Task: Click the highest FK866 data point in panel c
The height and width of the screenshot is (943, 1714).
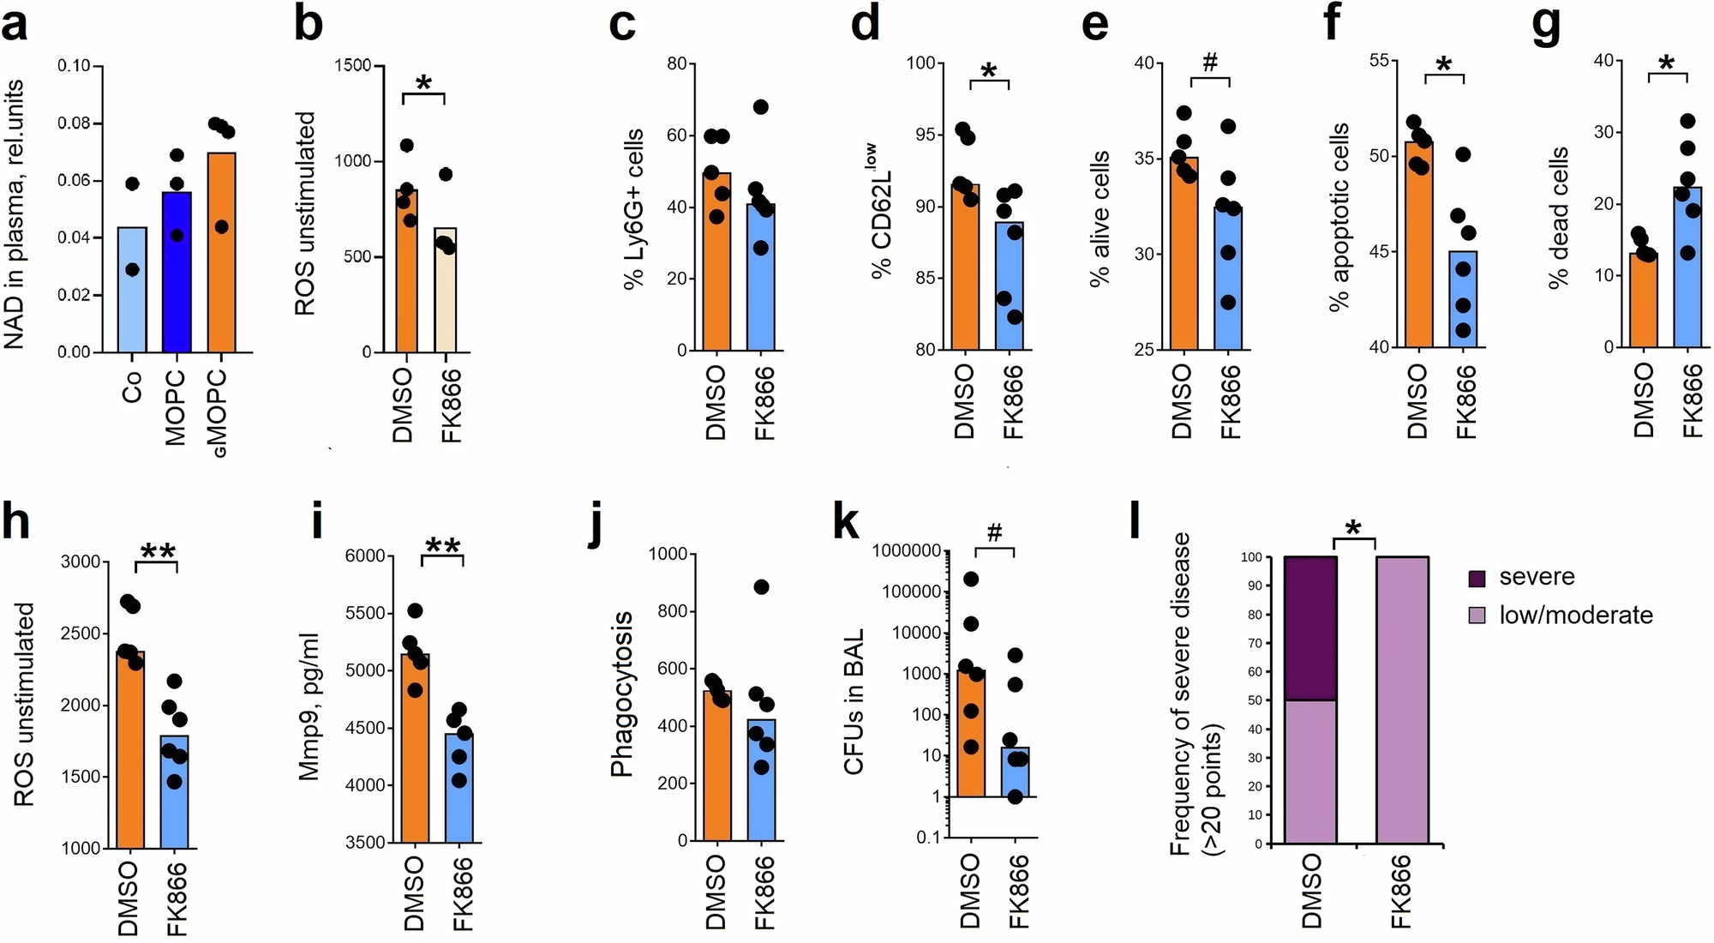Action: pos(761,107)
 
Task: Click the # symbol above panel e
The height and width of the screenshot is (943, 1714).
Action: pos(1209,62)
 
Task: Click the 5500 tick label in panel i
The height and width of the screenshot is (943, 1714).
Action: pos(365,614)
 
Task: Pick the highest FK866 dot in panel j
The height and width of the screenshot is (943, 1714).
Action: pos(761,587)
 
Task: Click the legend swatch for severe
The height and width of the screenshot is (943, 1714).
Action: pos(1477,579)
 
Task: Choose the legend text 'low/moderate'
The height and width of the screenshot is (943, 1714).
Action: pos(1575,615)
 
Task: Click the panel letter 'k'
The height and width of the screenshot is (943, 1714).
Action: pos(846,521)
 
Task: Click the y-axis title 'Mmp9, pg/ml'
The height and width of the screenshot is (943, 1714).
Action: pos(309,706)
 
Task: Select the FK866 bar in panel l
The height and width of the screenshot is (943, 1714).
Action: pos(1401,700)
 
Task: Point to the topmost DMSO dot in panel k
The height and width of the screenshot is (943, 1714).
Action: pos(971,579)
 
